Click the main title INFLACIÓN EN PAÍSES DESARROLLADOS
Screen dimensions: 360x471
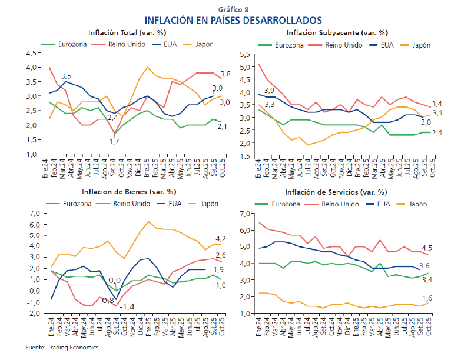[235, 20]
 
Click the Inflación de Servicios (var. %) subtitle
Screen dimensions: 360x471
[336, 192]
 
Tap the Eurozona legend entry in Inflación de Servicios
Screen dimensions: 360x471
[291, 204]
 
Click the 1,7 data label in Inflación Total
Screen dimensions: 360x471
[115, 141]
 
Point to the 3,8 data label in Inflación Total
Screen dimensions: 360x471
[225, 74]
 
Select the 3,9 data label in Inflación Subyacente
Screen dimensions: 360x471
[269, 90]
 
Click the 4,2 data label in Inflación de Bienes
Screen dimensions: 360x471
[221, 238]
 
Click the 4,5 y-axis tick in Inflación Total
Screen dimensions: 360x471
[30, 53]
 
